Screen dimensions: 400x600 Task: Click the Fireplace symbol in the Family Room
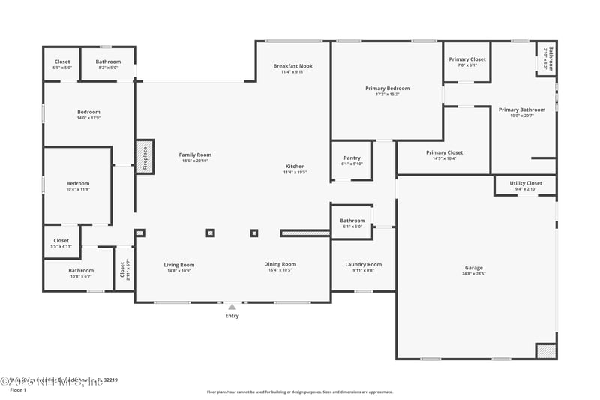tap(144, 158)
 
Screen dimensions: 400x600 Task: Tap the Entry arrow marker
tap(232, 307)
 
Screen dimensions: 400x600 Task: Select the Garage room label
tap(474, 268)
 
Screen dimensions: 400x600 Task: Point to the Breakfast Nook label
tap(292, 66)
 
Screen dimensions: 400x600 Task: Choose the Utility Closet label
tap(526, 183)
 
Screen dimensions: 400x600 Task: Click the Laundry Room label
tap(363, 264)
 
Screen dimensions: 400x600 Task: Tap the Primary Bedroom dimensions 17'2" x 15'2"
tap(387, 95)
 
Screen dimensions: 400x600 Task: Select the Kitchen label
tap(295, 166)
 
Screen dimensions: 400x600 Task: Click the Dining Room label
tap(280, 264)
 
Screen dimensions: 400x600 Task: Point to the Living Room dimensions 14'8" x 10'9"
tap(179, 271)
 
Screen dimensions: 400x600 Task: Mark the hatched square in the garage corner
tap(546, 350)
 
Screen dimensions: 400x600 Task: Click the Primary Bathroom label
tap(522, 110)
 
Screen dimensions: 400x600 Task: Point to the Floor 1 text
tap(18, 390)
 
